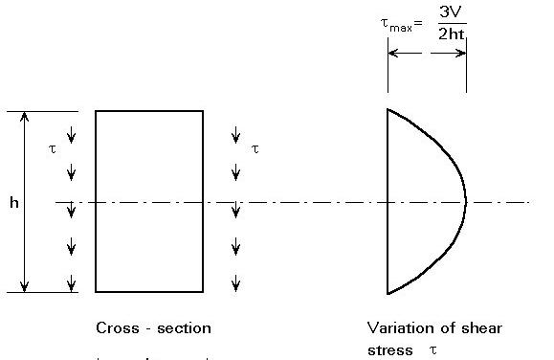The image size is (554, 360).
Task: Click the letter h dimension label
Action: click(x=13, y=204)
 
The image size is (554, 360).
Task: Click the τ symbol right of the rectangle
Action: click(x=255, y=148)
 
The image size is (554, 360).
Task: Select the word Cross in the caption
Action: click(x=117, y=327)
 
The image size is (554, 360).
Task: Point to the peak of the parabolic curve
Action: click(x=466, y=202)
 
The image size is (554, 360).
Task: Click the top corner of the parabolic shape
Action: click(x=388, y=109)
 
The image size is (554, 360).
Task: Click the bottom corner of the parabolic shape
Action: click(x=388, y=293)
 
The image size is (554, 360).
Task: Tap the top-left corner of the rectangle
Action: click(x=96, y=111)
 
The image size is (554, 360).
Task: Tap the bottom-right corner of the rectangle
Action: click(x=203, y=291)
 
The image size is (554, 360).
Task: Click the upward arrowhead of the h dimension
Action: click(x=25, y=116)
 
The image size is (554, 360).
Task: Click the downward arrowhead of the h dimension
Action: click(x=25, y=286)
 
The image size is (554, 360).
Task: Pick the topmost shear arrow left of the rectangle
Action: click(x=71, y=134)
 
